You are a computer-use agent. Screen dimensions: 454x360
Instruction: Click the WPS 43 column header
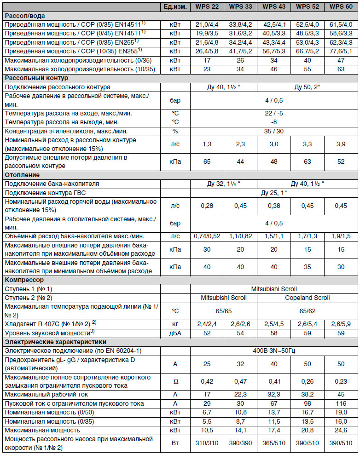pyautogui.click(x=274, y=7)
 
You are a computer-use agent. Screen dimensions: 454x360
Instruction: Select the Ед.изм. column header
pyautogui.click(x=175, y=7)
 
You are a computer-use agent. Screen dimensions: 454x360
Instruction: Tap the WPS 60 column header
pyautogui.click(x=341, y=7)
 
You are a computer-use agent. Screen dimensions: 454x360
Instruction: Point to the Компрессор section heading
pyautogui.click(x=24, y=280)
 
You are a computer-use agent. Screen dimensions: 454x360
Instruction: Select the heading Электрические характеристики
pyautogui.click(x=55, y=342)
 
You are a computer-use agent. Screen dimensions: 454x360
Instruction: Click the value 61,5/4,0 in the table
pyautogui.click(x=341, y=24)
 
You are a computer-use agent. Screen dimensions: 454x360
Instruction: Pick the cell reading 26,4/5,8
pyautogui.click(x=207, y=50)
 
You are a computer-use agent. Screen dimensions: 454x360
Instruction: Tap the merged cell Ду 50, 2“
pyautogui.click(x=308, y=87)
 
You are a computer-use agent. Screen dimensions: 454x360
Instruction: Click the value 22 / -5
pyautogui.click(x=274, y=113)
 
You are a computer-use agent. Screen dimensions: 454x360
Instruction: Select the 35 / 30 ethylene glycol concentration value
pyautogui.click(x=274, y=131)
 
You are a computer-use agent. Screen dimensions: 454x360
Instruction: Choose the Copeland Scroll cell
pyautogui.click(x=308, y=298)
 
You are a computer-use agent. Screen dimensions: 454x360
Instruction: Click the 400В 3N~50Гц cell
pyautogui.click(x=274, y=351)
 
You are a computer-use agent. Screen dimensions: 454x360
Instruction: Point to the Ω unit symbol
pyautogui.click(x=175, y=381)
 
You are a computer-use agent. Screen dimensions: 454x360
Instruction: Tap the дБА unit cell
pyautogui.click(x=175, y=333)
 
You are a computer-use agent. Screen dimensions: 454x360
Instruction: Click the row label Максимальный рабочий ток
pyautogui.click(x=46, y=394)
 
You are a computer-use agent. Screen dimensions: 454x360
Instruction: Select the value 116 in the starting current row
pyautogui.click(x=341, y=403)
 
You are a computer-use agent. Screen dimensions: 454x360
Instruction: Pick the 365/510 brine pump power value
pyautogui.click(x=274, y=443)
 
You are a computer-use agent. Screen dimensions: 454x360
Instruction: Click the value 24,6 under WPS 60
pyautogui.click(x=341, y=430)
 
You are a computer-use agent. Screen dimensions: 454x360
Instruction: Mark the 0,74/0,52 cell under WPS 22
pyautogui.click(x=207, y=236)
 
